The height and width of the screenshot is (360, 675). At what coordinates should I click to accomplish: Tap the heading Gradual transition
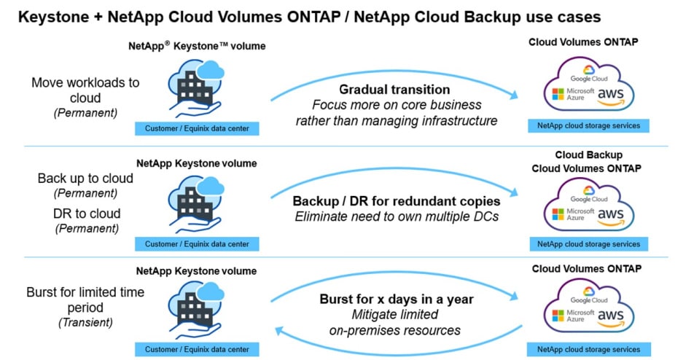tap(394, 89)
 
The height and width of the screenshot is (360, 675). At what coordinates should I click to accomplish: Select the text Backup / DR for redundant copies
tap(396, 200)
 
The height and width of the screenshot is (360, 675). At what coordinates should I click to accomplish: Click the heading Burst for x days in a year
tap(396, 299)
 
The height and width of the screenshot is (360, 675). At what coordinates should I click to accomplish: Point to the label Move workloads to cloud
tap(85, 91)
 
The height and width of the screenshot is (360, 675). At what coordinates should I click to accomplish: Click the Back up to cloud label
tap(85, 179)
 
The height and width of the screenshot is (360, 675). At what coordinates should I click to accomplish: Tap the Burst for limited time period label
tap(85, 300)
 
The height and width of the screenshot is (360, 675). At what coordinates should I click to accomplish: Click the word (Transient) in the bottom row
tap(85, 322)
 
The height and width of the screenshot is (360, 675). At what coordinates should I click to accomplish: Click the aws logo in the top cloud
tap(610, 95)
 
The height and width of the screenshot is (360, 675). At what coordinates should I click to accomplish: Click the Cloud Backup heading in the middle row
tap(588, 155)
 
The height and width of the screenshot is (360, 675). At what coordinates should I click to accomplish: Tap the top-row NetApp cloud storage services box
tap(588, 126)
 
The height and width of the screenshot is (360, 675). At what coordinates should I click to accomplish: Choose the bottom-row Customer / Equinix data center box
tap(196, 349)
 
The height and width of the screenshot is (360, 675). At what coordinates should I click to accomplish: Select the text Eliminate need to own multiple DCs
tap(396, 216)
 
